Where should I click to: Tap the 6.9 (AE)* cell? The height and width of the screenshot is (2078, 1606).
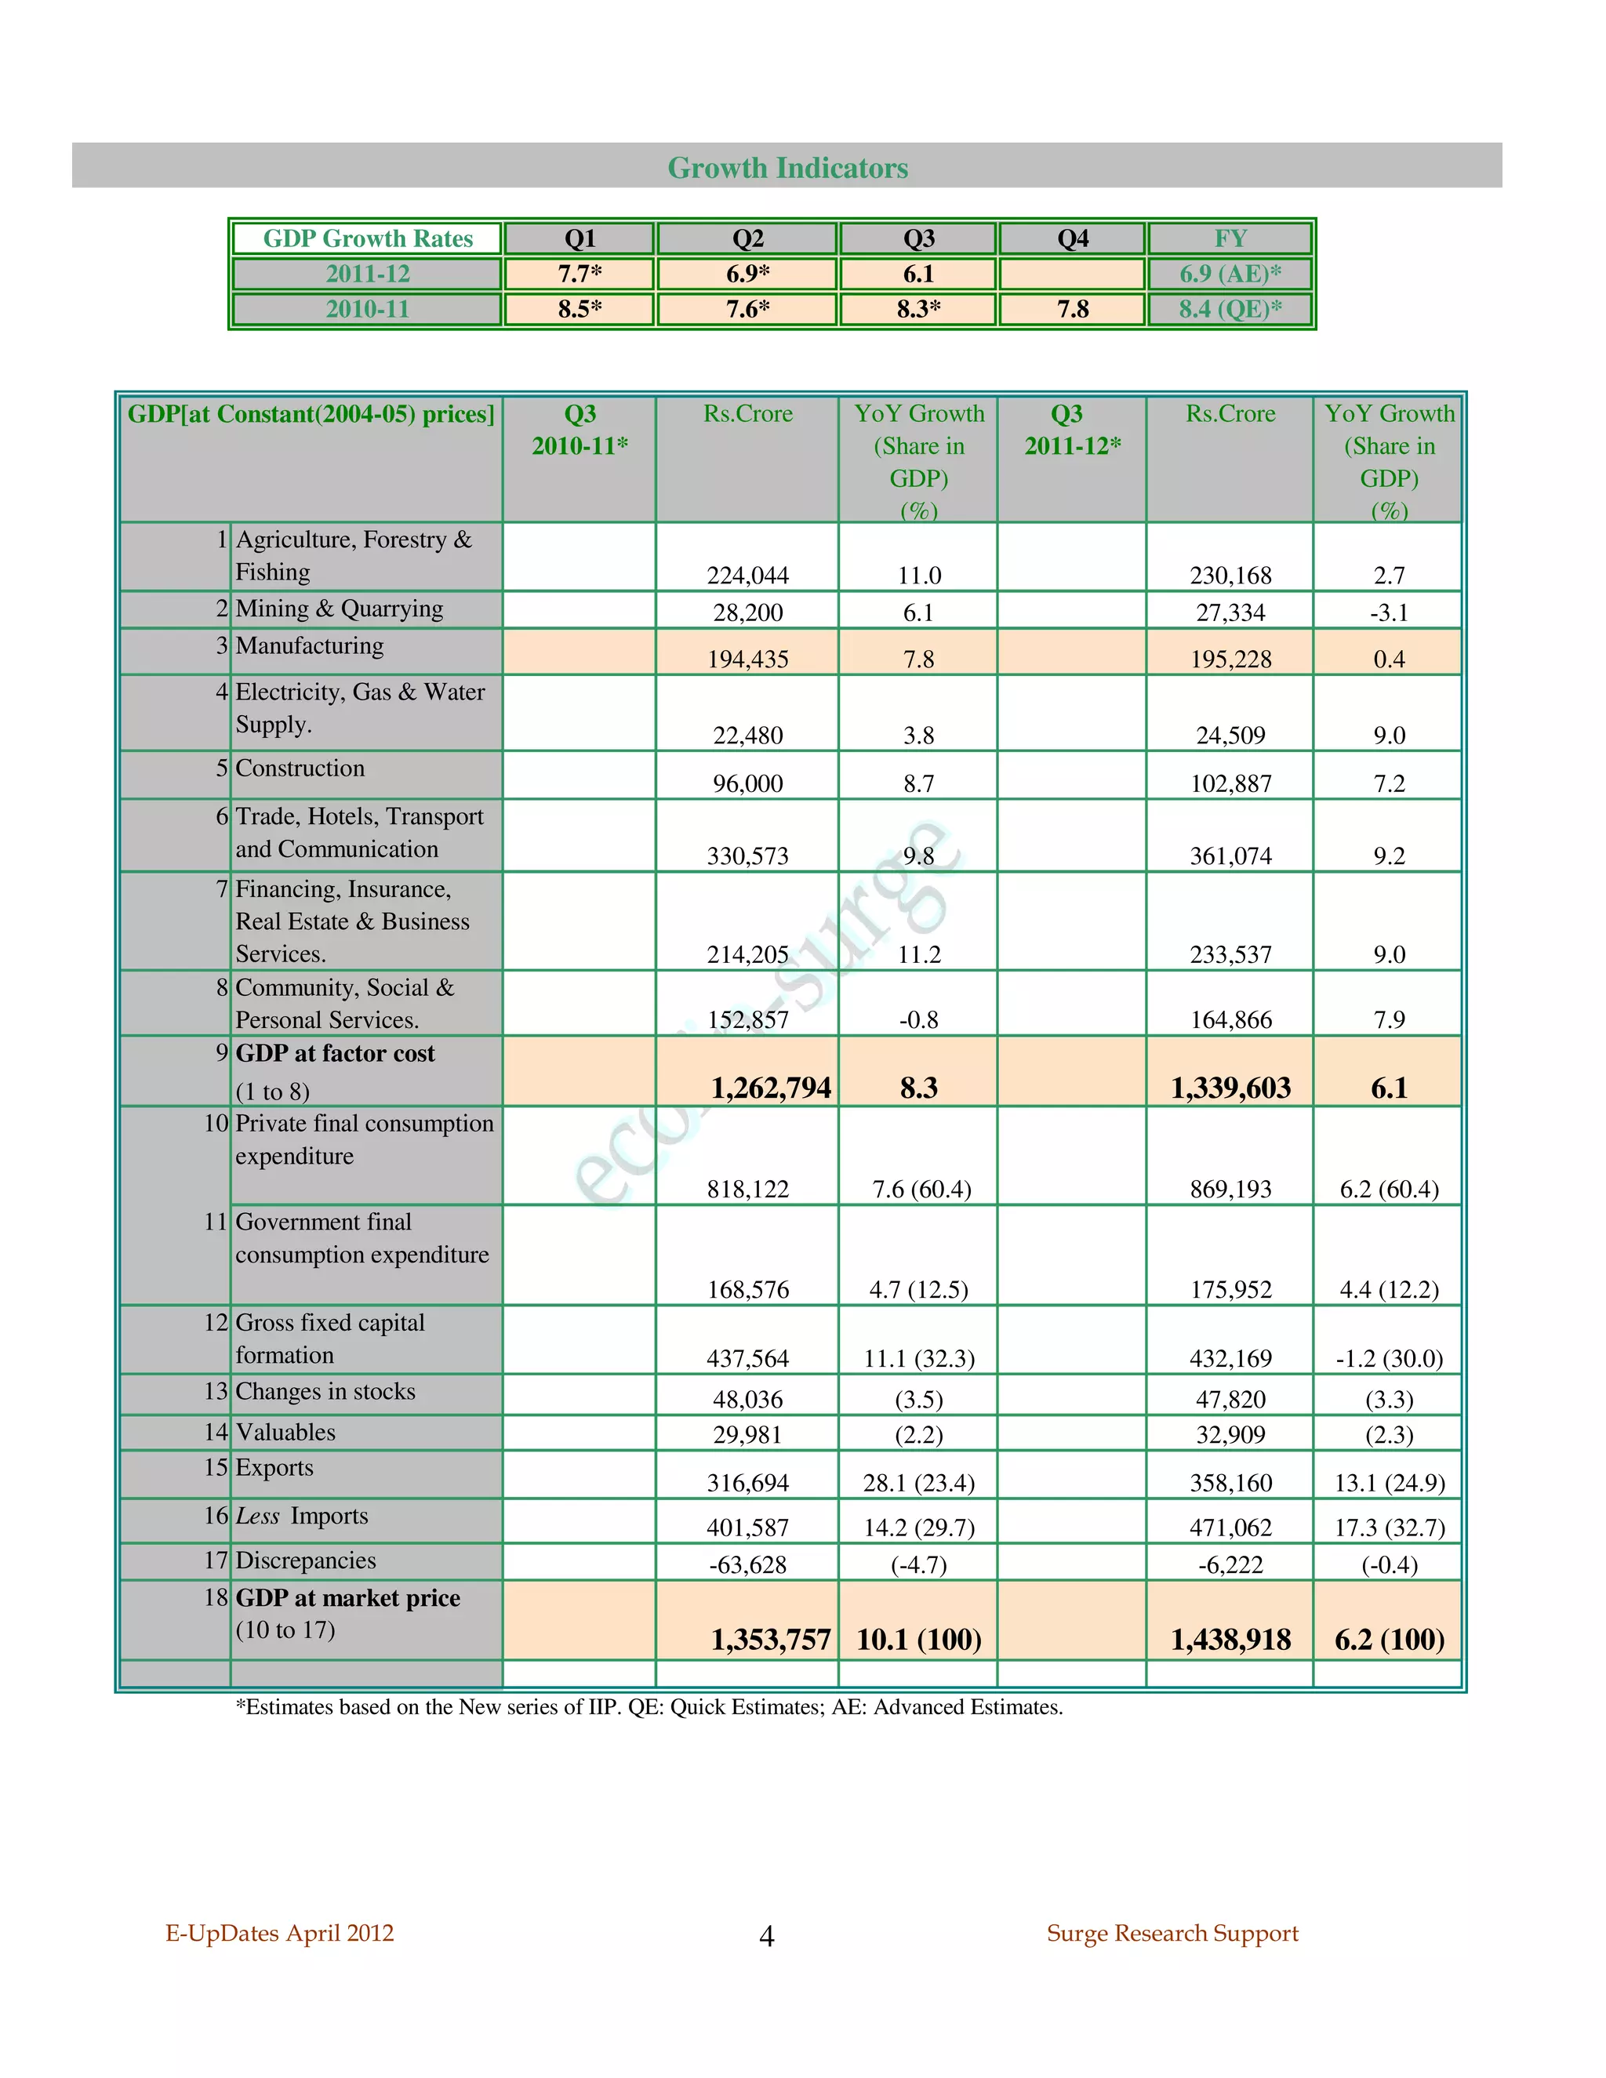tap(1230, 274)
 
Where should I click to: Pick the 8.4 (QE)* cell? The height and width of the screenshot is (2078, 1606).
tap(1230, 309)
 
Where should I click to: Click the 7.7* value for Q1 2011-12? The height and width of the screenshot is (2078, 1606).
tap(580, 274)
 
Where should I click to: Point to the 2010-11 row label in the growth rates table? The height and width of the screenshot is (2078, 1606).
tap(367, 309)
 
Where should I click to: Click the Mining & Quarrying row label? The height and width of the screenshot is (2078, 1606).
tap(339, 609)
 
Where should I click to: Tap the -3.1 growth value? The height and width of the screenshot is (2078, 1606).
tap(1388, 612)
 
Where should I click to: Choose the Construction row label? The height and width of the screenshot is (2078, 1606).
tap(300, 768)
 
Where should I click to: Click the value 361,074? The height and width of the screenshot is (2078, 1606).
tap(1230, 856)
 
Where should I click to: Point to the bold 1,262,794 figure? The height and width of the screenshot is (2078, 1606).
tap(771, 1088)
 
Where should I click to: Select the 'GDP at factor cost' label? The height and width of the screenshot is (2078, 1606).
tap(335, 1053)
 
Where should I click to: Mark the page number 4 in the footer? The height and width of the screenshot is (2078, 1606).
tap(767, 1935)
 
